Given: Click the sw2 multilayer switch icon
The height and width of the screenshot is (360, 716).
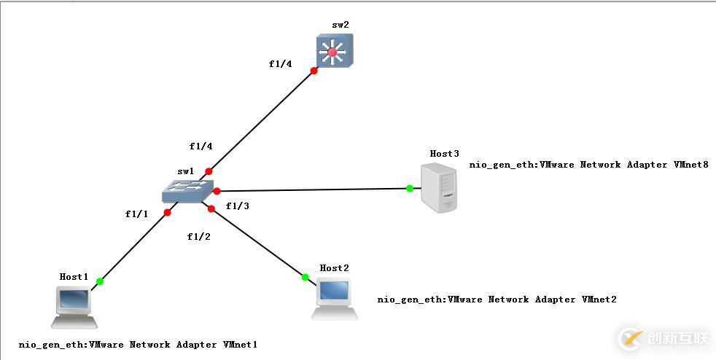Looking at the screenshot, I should (334, 51).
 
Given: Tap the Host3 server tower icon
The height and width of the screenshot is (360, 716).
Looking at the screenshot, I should (440, 188).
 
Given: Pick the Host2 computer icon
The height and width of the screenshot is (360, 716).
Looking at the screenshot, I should (335, 298).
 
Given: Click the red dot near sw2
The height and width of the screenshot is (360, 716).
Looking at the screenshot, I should (314, 71).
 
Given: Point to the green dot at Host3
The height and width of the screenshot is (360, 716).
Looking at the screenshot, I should (410, 188).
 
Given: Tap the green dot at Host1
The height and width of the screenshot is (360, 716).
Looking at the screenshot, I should (100, 281).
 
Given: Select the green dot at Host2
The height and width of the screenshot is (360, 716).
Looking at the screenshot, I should (305, 277).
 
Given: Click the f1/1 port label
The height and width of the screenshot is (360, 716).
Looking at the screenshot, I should (136, 214).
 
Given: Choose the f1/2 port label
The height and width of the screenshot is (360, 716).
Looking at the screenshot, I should (199, 236).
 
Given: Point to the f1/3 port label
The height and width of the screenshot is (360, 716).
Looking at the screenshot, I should (238, 206).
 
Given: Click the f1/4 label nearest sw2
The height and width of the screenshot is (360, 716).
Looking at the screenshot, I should (280, 63).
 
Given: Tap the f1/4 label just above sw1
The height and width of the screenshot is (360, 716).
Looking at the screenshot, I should (201, 146).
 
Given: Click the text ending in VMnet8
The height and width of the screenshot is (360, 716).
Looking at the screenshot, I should (588, 165).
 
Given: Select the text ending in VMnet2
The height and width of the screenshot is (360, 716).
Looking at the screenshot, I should (497, 300).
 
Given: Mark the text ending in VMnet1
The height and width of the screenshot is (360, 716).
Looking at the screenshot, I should (139, 345).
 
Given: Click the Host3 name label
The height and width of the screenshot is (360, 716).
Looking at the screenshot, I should (444, 154).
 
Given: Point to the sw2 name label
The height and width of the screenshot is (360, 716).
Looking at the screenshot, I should (340, 25).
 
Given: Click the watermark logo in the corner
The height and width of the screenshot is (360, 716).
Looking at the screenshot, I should (664, 338).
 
